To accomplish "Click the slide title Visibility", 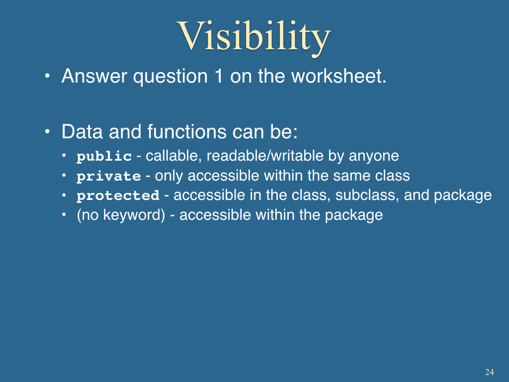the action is click(x=254, y=37).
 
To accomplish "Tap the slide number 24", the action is click(x=489, y=372).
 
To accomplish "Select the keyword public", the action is click(x=104, y=156).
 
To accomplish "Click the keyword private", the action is click(x=109, y=176).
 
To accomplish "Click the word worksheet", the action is click(x=339, y=76).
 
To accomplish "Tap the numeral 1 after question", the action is click(x=219, y=76).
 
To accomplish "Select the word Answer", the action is click(x=94, y=77).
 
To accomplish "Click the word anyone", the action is click(x=374, y=157).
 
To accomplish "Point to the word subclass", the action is click(x=367, y=195).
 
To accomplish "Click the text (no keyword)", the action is click(x=121, y=215).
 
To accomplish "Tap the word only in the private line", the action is click(x=169, y=176).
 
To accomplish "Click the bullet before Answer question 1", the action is click(x=47, y=76).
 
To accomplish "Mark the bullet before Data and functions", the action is click(x=47, y=132).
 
